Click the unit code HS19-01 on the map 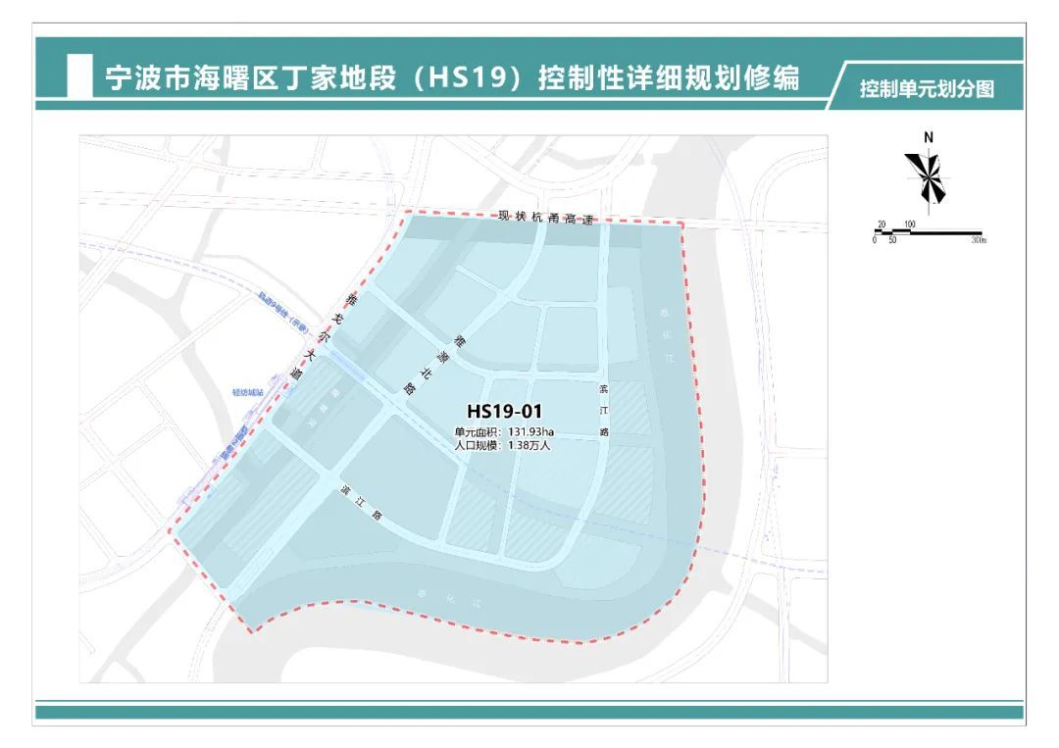pos(504,412)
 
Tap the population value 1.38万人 pos(529,445)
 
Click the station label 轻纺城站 pos(248,392)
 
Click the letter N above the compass pos(928,138)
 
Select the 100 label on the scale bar pos(909,224)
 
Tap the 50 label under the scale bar pos(892,241)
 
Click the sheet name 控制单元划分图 pos(927,90)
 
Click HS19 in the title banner pos(466,78)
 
